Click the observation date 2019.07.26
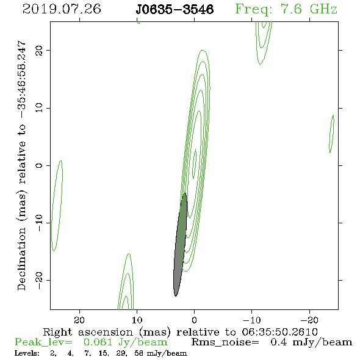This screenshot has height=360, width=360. [x=62, y=9]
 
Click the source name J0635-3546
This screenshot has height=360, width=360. [x=175, y=9]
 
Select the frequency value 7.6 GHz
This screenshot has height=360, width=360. [x=309, y=9]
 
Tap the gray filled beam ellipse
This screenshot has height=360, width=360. [x=180, y=245]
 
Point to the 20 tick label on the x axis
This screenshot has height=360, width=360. [x=79, y=320]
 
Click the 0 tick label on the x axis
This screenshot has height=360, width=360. [x=194, y=320]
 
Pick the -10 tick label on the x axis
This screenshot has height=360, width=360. [x=252, y=320]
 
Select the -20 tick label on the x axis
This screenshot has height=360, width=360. [x=309, y=320]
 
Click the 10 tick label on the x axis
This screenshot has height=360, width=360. [x=137, y=320]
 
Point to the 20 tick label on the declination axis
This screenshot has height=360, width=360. [x=39, y=50]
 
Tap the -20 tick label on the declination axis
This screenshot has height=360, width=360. [x=39, y=280]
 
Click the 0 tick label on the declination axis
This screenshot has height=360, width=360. [x=39, y=165]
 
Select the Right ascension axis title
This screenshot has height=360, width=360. [x=180, y=332]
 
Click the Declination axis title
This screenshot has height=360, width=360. [x=21, y=165]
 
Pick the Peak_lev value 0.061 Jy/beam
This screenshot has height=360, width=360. [x=125, y=342]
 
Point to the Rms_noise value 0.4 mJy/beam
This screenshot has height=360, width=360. [x=311, y=342]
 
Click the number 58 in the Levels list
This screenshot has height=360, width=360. [x=139, y=353]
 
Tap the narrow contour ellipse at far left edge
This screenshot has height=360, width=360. [x=57, y=206]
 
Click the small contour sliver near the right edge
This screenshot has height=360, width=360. [x=331, y=134]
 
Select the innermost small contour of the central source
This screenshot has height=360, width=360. [x=194, y=164]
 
